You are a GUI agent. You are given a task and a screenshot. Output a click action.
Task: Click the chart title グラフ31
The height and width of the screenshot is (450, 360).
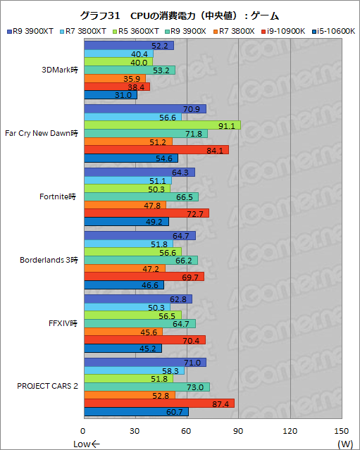[x=180, y=15]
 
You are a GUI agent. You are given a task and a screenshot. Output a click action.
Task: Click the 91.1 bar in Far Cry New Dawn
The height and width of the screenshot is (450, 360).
[x=161, y=125]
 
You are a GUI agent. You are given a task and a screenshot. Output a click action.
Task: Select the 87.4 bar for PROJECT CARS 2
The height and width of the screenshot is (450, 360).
[x=159, y=404]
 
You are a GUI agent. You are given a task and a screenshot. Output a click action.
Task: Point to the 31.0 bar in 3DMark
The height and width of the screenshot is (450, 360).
[x=110, y=95]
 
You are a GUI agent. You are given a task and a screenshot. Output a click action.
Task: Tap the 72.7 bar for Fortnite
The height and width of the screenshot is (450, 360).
[x=146, y=213]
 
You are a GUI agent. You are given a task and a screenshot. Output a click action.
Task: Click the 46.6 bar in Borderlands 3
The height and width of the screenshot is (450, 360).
[x=123, y=285]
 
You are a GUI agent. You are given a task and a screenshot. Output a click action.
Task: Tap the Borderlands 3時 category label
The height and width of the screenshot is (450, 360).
[x=49, y=259]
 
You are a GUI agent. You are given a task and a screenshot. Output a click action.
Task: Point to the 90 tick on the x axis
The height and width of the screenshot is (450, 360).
[x=239, y=431]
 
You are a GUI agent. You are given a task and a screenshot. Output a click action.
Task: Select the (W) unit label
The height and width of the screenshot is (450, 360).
[x=345, y=443]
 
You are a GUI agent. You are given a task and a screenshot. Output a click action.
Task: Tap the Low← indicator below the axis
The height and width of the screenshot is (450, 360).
[x=88, y=443]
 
